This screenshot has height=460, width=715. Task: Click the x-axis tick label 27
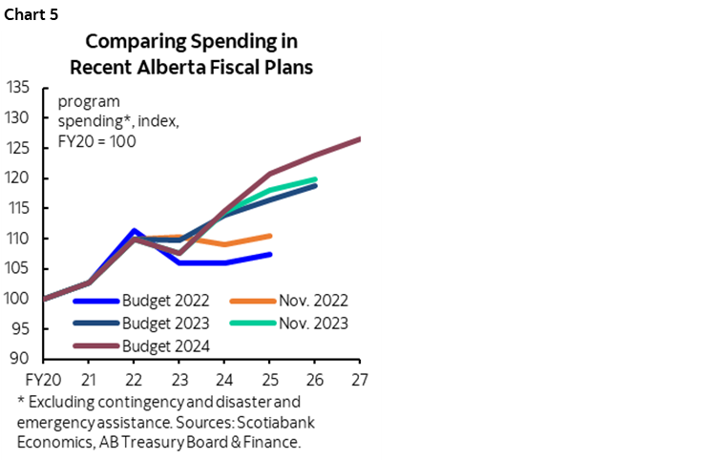(359, 379)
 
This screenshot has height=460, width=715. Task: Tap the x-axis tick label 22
(135, 379)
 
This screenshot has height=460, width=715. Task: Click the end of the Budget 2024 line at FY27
(360, 139)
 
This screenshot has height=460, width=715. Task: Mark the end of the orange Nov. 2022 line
(271, 236)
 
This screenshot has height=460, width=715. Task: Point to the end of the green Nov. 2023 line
(315, 179)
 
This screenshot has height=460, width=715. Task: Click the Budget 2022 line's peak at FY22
(135, 231)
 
